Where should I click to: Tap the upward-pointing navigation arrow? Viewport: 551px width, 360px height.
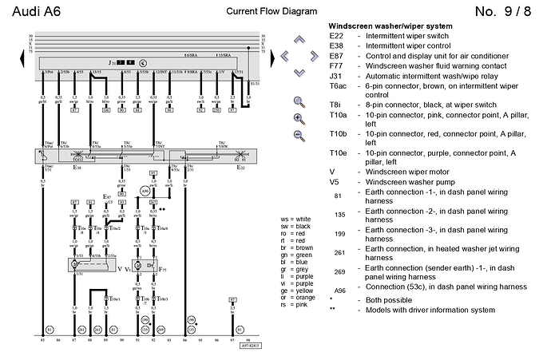(x=300, y=38)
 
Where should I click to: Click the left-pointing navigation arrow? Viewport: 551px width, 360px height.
(x=283, y=55)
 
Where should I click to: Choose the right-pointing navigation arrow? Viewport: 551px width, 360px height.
(x=316, y=55)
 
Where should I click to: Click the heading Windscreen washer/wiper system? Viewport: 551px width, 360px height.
(x=390, y=26)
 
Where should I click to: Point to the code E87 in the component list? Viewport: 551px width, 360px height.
(x=337, y=57)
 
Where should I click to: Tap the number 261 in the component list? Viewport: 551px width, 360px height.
(x=339, y=252)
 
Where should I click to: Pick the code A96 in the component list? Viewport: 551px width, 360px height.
(x=339, y=291)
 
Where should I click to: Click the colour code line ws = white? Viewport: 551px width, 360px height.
(x=295, y=219)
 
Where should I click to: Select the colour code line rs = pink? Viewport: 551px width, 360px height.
(x=294, y=305)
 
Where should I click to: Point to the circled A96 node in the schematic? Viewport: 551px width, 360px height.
(x=145, y=192)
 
